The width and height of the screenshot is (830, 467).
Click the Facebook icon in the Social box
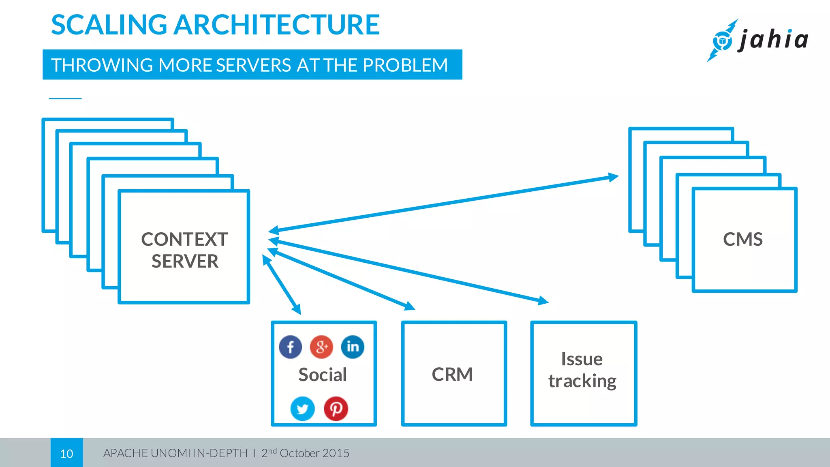tap(290, 347)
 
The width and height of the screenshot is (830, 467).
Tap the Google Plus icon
tap(321, 347)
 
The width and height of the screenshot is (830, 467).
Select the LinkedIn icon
tap(353, 347)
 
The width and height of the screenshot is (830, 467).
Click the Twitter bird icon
tap(302, 409)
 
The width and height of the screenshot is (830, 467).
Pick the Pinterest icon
tap(336, 409)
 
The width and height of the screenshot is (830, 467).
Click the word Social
tap(323, 375)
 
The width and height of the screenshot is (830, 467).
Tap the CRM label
tap(452, 374)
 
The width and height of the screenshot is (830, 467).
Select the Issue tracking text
tap(582, 370)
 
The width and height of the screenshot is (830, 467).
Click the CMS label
tap(743, 239)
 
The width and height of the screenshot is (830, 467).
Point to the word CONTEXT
tap(184, 239)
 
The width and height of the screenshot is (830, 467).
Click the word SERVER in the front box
tap(185, 261)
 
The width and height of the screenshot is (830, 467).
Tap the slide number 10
tap(66, 453)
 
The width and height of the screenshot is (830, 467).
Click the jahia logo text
tap(773, 40)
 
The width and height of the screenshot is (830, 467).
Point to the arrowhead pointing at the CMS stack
tap(613, 177)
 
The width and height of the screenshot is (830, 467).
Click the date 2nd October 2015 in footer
tap(305, 453)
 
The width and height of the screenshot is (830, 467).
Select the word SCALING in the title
tap(109, 25)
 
